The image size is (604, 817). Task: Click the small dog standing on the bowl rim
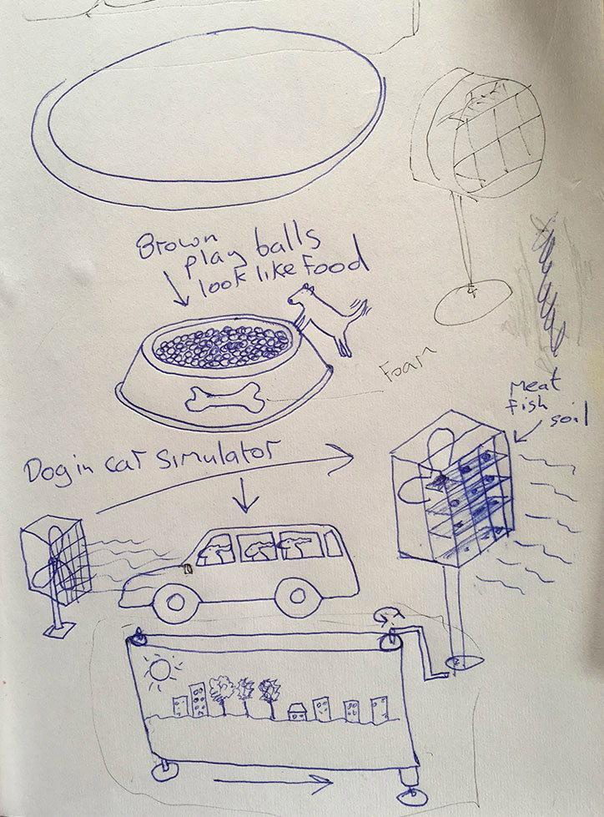[x=329, y=318]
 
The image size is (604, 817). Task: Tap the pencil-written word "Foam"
[x=408, y=362]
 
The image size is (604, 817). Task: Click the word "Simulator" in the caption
[x=218, y=457]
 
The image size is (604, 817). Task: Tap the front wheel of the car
[x=175, y=603]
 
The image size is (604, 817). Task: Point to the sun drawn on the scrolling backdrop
[x=161, y=671]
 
